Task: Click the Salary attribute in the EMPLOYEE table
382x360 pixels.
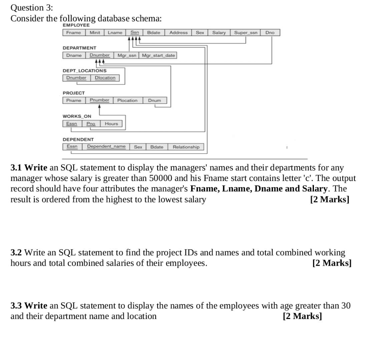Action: [x=219, y=33]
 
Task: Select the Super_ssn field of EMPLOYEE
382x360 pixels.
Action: [x=246, y=33]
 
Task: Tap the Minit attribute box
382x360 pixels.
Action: [x=95, y=33]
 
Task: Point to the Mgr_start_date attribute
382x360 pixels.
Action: [x=158, y=55]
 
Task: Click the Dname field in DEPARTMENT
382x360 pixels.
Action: [x=74, y=55]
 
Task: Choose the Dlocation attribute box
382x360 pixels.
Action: [x=105, y=78]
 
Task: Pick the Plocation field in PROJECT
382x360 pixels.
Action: [x=127, y=100]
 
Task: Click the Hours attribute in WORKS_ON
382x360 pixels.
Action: [x=111, y=124]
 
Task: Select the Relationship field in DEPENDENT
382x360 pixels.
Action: [x=186, y=147]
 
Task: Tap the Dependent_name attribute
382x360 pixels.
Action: [x=106, y=147]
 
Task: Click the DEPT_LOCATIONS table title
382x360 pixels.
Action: [x=84, y=71]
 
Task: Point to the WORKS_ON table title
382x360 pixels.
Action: [x=77, y=116]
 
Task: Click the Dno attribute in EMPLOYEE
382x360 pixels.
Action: [x=270, y=33]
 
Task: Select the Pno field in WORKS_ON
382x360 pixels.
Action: [x=91, y=124]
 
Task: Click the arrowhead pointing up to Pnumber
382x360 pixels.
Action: [x=99, y=106]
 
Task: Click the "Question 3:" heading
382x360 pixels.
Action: [x=32, y=8]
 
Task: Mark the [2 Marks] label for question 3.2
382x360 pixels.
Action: [x=332, y=263]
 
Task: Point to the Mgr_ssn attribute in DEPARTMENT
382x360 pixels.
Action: [x=127, y=55]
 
